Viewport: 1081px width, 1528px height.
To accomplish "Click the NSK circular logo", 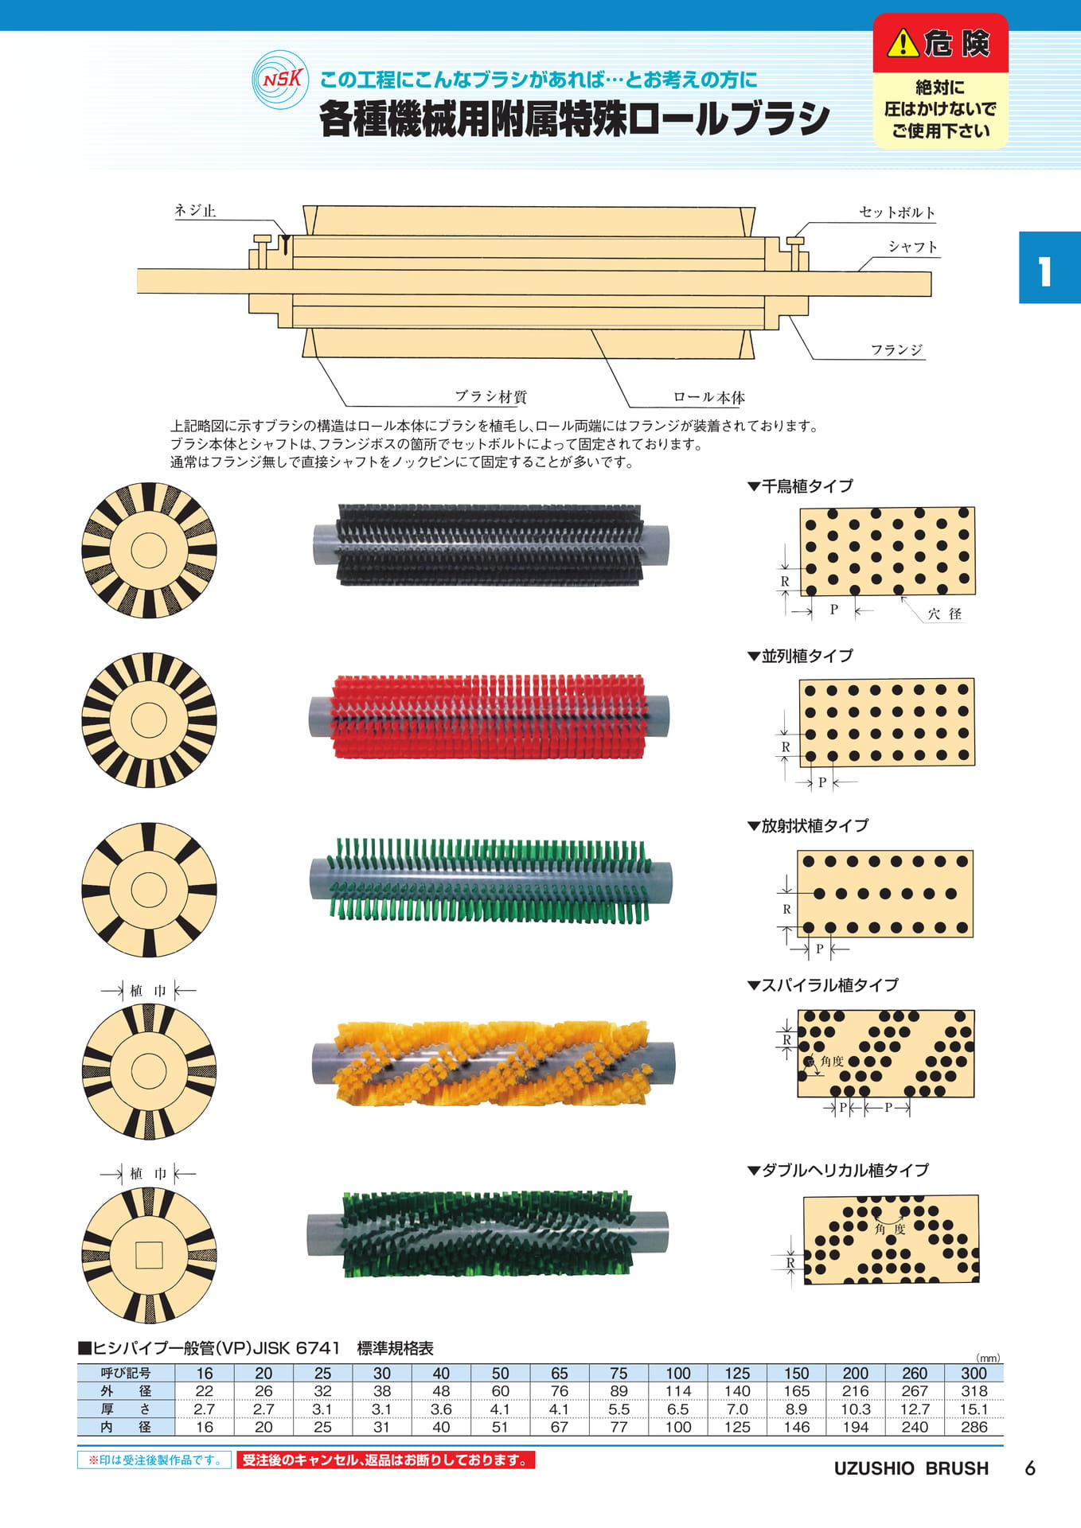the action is coord(280,80).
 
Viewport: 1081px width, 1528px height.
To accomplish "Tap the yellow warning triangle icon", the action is coord(903,43).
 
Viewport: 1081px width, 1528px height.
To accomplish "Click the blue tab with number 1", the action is coord(1050,267).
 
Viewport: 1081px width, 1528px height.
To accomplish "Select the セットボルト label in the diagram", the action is coord(897,212).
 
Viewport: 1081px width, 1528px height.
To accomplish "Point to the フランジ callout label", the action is coord(896,350).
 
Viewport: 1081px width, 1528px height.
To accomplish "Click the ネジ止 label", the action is coord(196,211).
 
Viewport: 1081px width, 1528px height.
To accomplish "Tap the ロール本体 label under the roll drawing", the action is coord(709,397).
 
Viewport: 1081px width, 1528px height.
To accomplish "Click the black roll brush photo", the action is coord(490,545).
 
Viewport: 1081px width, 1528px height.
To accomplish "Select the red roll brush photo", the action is coord(490,716).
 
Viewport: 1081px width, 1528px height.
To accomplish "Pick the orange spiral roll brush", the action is coord(494,1063).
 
